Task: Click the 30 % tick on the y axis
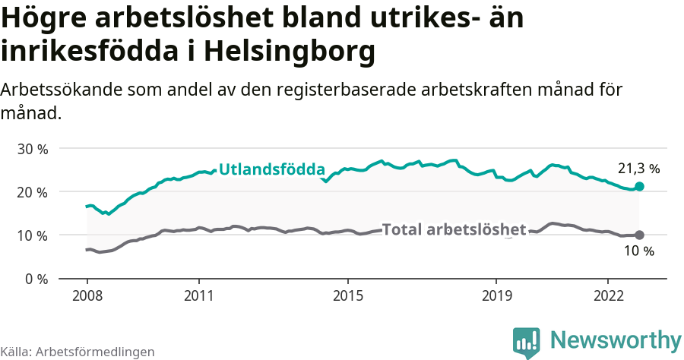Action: pyautogui.click(x=32, y=149)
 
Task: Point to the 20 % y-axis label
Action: pyautogui.click(x=32, y=192)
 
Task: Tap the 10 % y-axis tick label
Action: pyautogui.click(x=32, y=235)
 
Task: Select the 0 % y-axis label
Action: pyautogui.click(x=35, y=279)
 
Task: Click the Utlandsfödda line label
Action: pyautogui.click(x=272, y=169)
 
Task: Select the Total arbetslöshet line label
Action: pyautogui.click(x=454, y=229)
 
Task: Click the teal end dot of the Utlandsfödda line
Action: pyautogui.click(x=639, y=186)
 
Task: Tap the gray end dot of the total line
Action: pyautogui.click(x=639, y=235)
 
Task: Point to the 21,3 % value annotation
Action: pyautogui.click(x=638, y=169)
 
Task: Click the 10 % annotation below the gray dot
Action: pyautogui.click(x=638, y=251)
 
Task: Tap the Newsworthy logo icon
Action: pyautogui.click(x=526, y=342)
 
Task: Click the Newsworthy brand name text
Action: pyautogui.click(x=616, y=339)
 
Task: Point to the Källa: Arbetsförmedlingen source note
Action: pyautogui.click(x=78, y=352)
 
